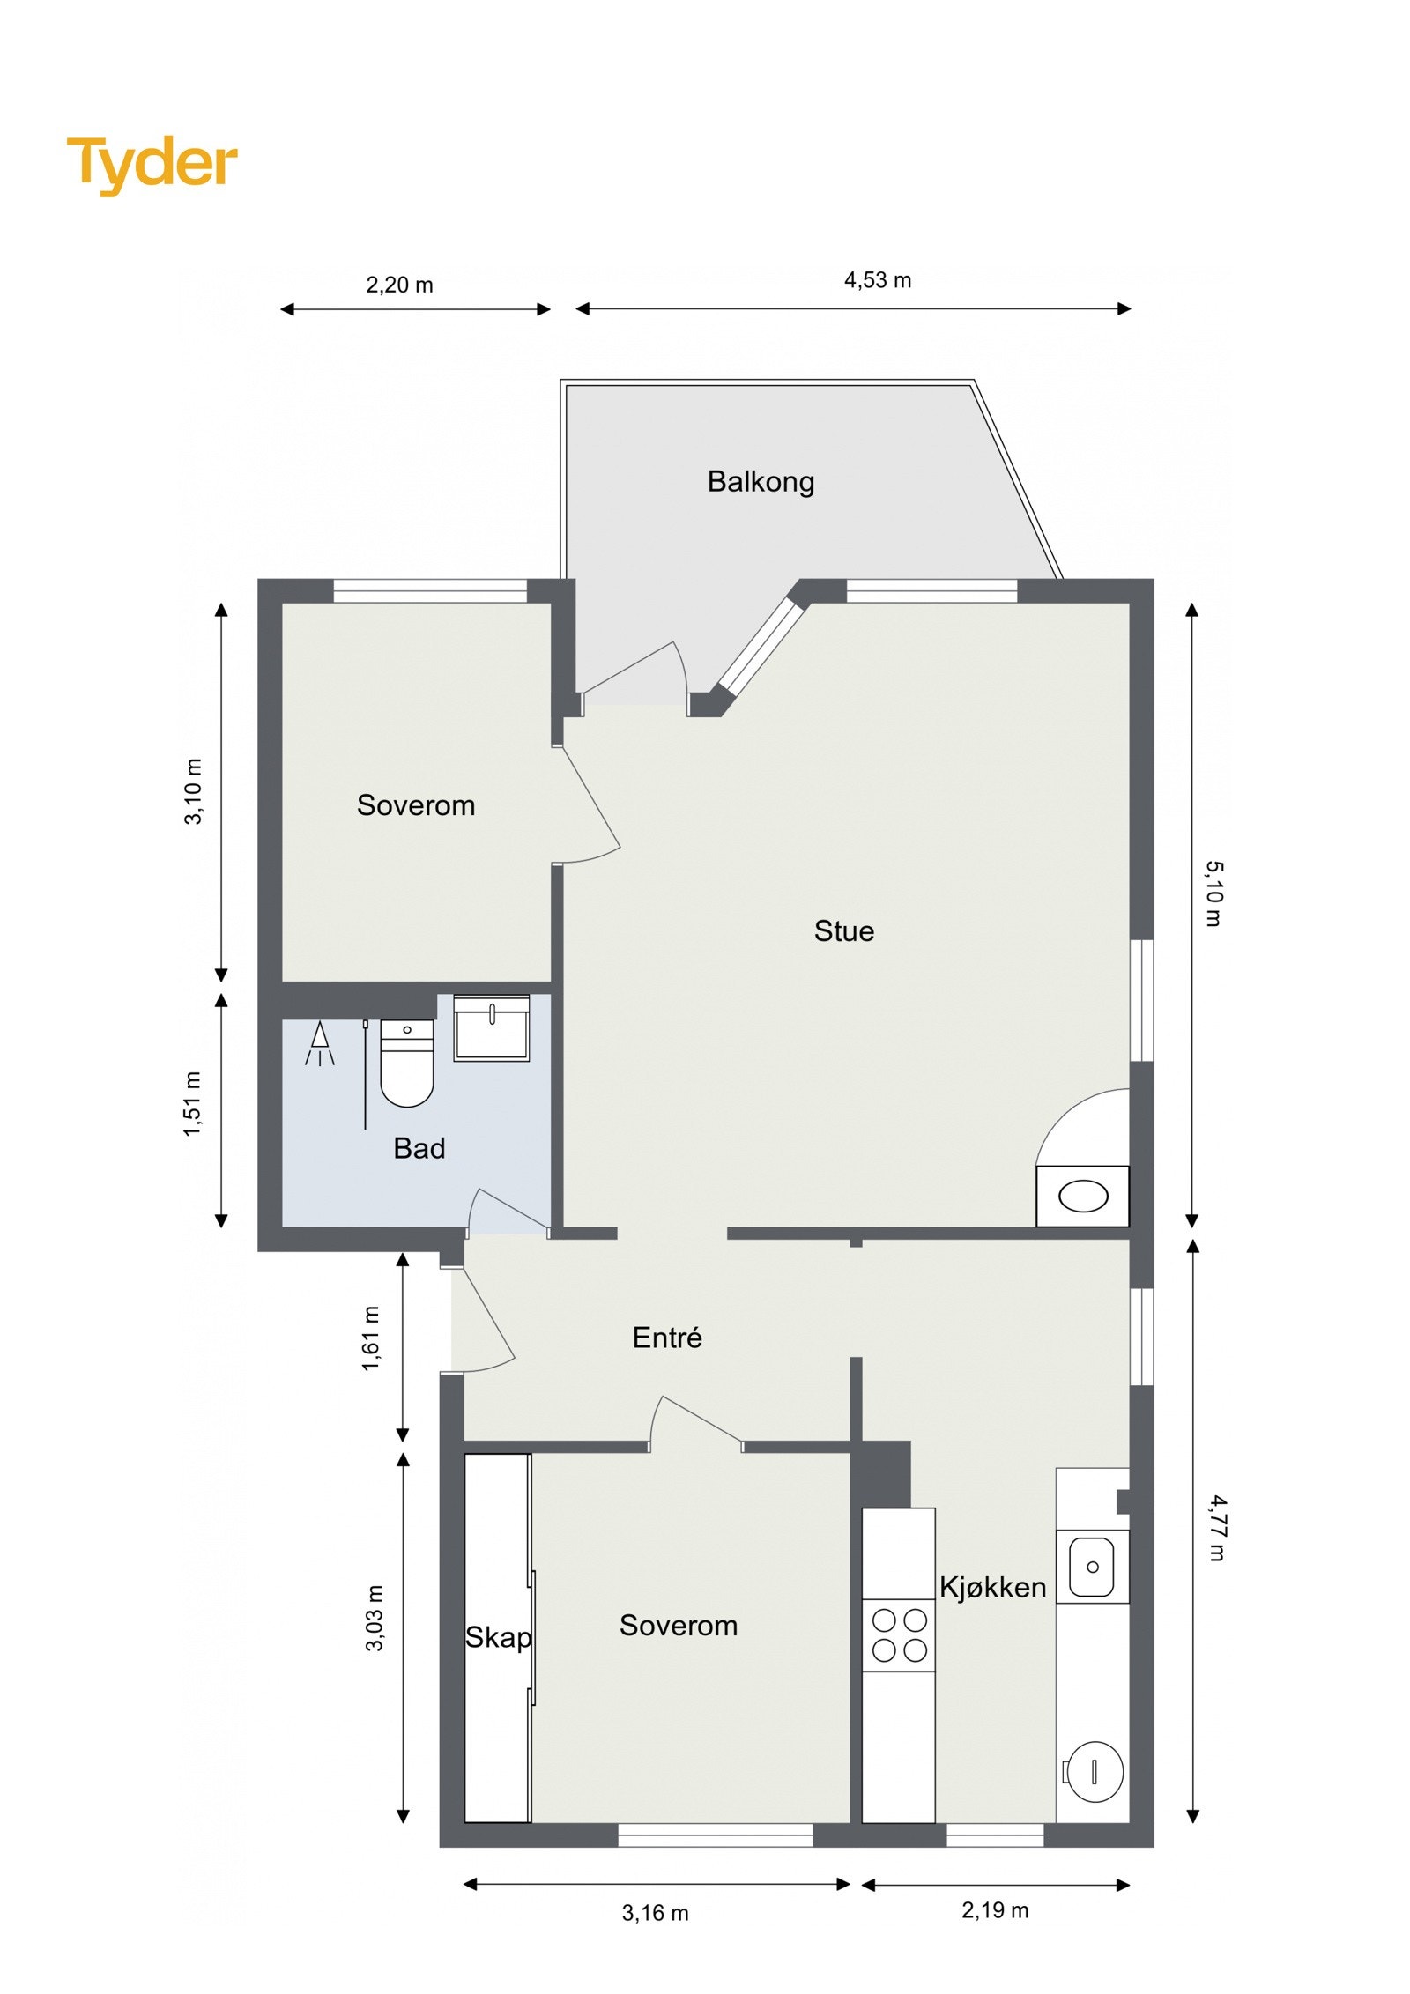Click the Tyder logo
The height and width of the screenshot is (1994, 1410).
(x=152, y=164)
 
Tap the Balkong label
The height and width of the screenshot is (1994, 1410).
(x=760, y=481)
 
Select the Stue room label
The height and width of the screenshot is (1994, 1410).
(x=843, y=930)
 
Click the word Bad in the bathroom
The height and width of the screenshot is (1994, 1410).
(x=419, y=1148)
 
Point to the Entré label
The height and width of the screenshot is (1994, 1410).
(x=666, y=1338)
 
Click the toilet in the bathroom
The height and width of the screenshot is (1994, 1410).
(x=406, y=1063)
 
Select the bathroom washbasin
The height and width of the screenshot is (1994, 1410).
(x=491, y=1028)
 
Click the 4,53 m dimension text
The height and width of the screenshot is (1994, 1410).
(x=877, y=280)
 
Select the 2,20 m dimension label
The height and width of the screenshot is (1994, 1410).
(x=399, y=285)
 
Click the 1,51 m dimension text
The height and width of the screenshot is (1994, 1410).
(x=193, y=1104)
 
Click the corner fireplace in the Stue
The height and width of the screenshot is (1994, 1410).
(x=1082, y=1196)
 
